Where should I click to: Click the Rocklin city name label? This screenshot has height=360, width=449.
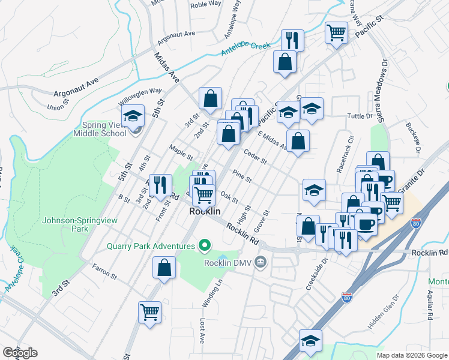coord(205,212)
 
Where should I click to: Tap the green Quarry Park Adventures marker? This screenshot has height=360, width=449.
coord(205,245)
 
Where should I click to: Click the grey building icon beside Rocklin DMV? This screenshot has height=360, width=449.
coord(261,261)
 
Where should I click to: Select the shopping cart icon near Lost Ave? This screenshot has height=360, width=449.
coord(149,311)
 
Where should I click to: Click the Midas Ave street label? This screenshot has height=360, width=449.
coord(167,68)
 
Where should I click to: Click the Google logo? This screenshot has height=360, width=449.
coord(20,353)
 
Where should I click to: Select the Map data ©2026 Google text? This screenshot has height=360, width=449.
coord(412,355)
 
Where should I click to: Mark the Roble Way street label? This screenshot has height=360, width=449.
coord(206,5)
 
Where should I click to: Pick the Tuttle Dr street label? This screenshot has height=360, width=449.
coord(360,116)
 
